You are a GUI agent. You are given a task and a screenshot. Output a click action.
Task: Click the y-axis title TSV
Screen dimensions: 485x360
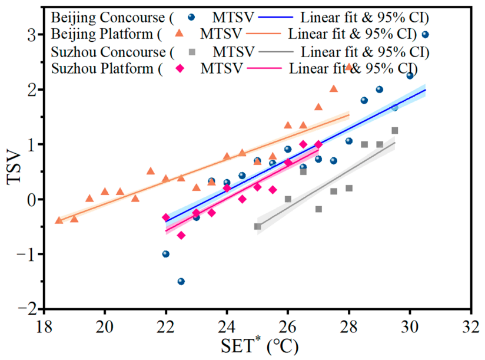tap(14, 168)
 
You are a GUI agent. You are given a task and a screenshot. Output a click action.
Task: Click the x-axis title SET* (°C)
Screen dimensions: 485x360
tap(260, 345)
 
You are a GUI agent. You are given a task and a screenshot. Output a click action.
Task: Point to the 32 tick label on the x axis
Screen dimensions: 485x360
tap(471, 327)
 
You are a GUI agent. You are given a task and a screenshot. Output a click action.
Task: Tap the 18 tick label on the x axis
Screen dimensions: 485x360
tap(44, 327)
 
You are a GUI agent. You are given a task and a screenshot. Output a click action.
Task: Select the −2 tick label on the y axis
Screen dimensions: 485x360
tap(27, 309)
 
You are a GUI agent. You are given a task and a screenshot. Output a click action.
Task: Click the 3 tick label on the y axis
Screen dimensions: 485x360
tap(32, 35)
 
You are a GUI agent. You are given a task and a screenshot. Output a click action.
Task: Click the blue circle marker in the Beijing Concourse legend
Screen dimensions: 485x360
tap(192, 17)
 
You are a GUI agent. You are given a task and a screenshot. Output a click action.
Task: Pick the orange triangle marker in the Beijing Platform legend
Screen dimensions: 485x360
tap(180, 33)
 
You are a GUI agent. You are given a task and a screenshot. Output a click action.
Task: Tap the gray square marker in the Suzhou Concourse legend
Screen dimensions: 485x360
tap(192, 52)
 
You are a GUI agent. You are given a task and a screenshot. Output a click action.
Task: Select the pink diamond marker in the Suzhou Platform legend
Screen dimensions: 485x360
tap(180, 68)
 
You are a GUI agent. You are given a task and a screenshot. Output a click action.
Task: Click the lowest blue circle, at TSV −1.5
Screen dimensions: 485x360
tap(181, 282)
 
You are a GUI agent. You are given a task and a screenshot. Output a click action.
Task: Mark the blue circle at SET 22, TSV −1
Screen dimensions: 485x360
tap(166, 254)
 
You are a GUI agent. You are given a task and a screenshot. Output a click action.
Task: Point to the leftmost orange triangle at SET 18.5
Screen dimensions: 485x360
tap(59, 220)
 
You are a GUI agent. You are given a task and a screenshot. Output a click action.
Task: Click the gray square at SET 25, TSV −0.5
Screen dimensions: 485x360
tap(257, 227)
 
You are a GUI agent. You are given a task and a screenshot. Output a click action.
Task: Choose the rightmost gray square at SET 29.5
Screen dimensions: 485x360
tap(395, 131)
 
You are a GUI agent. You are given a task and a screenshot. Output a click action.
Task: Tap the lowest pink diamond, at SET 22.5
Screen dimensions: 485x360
tap(181, 236)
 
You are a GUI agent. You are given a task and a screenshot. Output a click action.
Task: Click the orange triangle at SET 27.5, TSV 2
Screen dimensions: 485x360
tap(333, 89)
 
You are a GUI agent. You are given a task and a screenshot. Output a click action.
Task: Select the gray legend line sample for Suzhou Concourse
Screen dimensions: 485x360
tap(276, 52)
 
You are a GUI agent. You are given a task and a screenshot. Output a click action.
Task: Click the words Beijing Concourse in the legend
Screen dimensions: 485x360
tap(108, 17)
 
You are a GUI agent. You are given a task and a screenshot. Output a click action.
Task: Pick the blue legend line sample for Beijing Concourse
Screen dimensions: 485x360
tap(275, 17)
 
